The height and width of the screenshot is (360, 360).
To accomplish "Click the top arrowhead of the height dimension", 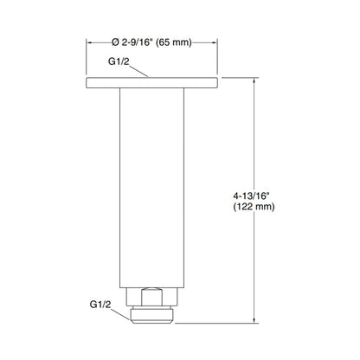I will pyautogui.click(x=254, y=83).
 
